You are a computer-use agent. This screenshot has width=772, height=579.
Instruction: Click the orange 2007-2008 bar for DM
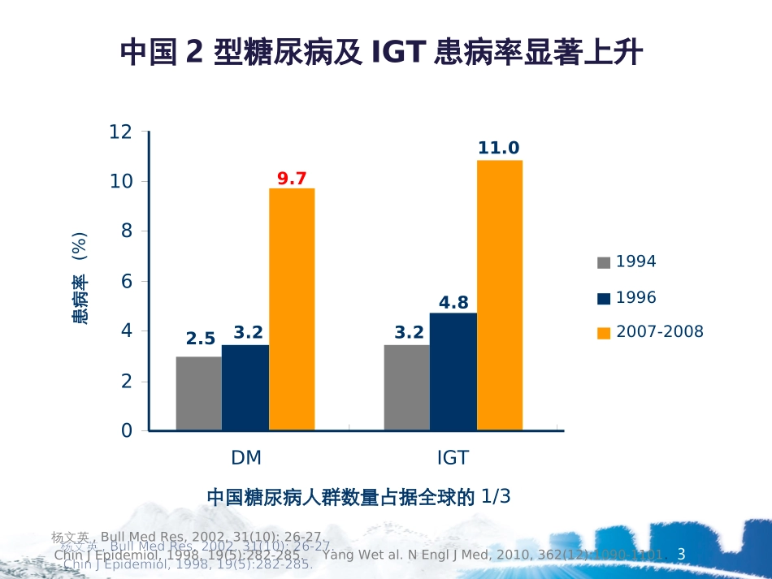(292, 309)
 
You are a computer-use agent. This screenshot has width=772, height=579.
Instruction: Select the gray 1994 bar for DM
(199, 394)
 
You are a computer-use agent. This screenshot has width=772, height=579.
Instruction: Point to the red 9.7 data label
(292, 179)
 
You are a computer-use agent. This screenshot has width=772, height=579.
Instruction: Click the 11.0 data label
(498, 148)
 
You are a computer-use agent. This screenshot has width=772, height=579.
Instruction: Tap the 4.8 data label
(453, 303)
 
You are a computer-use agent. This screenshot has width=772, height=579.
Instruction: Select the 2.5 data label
(201, 339)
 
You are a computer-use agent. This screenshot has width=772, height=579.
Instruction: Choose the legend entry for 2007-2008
(650, 332)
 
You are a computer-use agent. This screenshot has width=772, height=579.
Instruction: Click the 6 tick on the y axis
(126, 281)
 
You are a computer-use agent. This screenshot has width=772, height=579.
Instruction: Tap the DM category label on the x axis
(246, 458)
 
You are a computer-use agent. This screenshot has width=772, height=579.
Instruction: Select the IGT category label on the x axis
(453, 458)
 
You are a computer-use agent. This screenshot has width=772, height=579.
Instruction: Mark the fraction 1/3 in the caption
(496, 496)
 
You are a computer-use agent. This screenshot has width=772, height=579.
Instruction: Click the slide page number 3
(682, 555)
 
